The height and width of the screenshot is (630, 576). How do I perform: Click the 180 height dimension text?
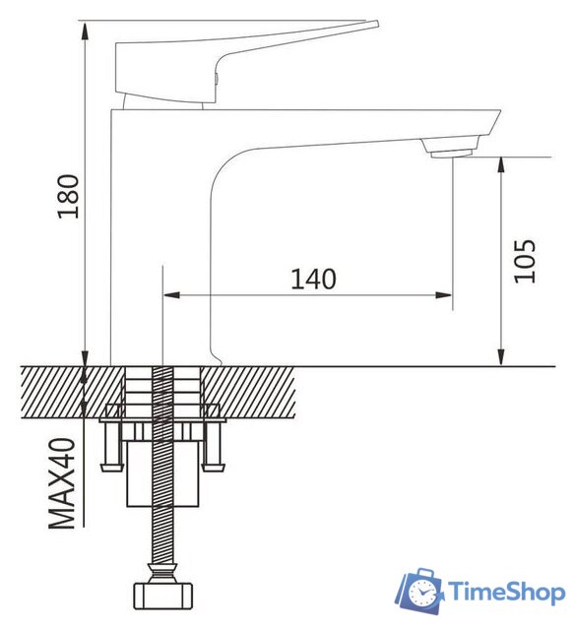[x=66, y=196]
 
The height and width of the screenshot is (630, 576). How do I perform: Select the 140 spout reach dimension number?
[x=313, y=279]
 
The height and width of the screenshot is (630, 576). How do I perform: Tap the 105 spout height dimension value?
[x=526, y=261]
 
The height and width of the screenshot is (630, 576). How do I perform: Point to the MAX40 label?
[x=65, y=484]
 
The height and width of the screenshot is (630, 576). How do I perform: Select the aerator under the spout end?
[x=450, y=149]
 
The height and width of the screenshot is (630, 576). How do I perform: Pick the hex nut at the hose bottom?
[x=163, y=597]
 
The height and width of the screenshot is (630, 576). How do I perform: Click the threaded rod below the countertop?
[x=163, y=522]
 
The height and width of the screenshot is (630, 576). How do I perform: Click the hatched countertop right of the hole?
[x=256, y=388]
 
